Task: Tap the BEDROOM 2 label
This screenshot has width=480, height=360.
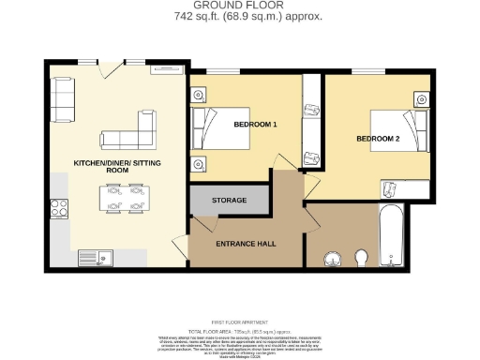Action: pos(378,138)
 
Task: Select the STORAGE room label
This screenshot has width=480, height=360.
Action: pos(229,201)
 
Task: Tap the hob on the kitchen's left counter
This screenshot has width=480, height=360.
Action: pos(58,208)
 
